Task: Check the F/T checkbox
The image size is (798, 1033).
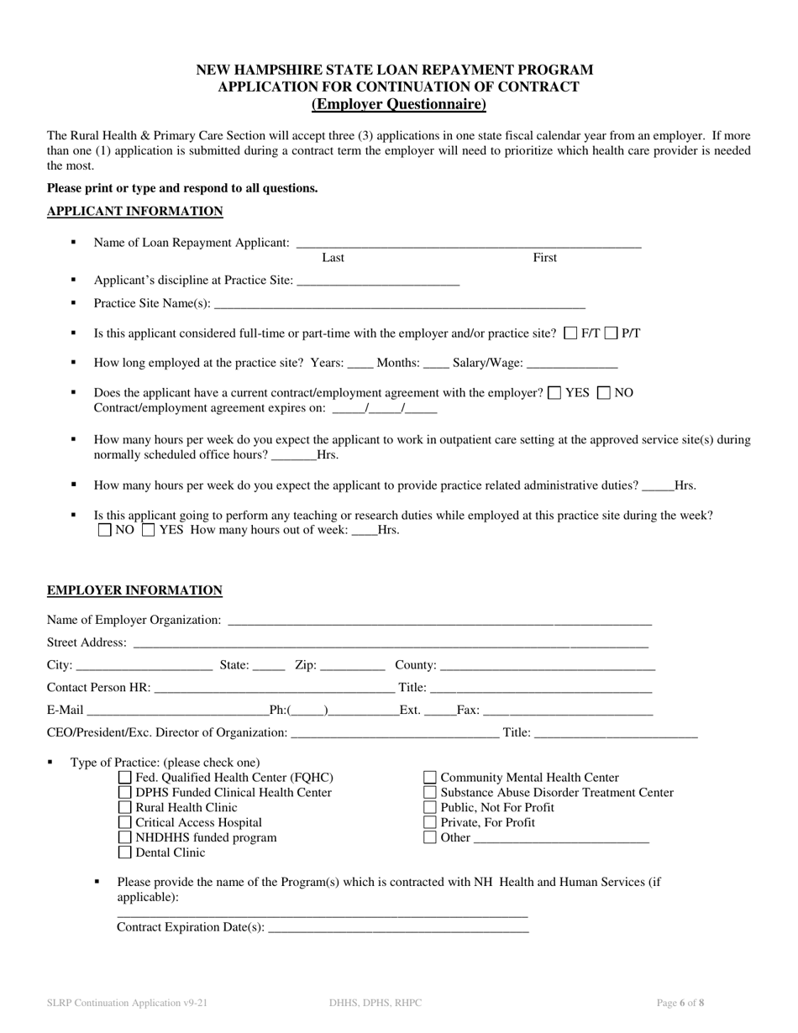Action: [571, 333]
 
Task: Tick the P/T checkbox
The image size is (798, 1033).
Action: [612, 333]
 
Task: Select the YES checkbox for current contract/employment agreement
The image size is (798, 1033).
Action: [554, 392]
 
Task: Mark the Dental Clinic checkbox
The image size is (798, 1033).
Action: [125, 852]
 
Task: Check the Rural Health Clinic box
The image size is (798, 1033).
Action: [125, 808]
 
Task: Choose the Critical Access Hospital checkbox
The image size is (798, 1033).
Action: [125, 823]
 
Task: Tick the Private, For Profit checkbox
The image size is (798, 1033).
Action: [430, 823]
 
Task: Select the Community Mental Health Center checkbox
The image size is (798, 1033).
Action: [430, 778]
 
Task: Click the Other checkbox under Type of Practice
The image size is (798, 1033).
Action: [430, 837]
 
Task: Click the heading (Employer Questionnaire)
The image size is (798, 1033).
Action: [398, 105]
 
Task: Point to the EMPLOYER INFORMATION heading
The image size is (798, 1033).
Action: [134, 590]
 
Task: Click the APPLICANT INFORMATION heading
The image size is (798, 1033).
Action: [134, 212]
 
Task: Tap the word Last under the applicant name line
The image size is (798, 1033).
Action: [333, 258]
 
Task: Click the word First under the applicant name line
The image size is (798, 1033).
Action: [544, 258]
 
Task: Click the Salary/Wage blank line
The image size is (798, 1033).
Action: [570, 365]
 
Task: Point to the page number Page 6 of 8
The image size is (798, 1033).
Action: [680, 1003]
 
